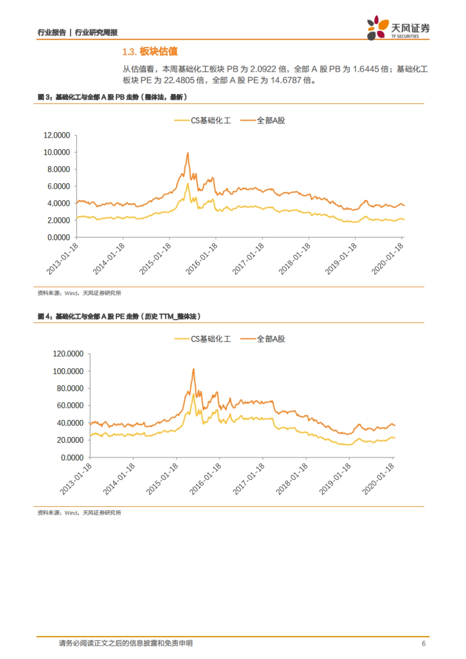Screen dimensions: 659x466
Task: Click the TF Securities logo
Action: pyautogui.click(x=398, y=28)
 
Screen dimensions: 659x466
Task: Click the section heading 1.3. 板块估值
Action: pyautogui.click(x=150, y=52)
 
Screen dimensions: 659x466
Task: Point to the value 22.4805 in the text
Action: pyautogui.click(x=179, y=80)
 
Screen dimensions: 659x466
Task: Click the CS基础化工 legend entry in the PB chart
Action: pyautogui.click(x=203, y=121)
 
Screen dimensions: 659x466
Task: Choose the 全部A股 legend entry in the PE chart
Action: pyautogui.click(x=263, y=339)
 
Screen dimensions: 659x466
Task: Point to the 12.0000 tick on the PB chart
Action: pyautogui.click(x=57, y=135)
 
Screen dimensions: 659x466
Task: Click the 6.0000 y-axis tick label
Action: pyautogui.click(x=59, y=186)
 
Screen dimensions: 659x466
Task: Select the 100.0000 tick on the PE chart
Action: pyautogui.click(x=68, y=371)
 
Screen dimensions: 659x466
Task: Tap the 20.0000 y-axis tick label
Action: pyautogui.click(x=70, y=440)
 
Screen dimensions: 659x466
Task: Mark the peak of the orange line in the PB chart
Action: pyautogui.click(x=188, y=153)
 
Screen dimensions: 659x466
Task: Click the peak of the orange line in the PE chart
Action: pyautogui.click(x=193, y=369)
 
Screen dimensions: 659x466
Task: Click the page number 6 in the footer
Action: pyautogui.click(x=424, y=643)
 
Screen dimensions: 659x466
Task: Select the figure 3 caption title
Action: pyautogui.click(x=113, y=97)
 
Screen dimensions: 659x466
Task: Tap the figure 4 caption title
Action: pyautogui.click(x=119, y=316)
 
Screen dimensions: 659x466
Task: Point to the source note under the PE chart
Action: pyautogui.click(x=79, y=513)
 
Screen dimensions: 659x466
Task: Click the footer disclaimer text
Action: pyautogui.click(x=125, y=643)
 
